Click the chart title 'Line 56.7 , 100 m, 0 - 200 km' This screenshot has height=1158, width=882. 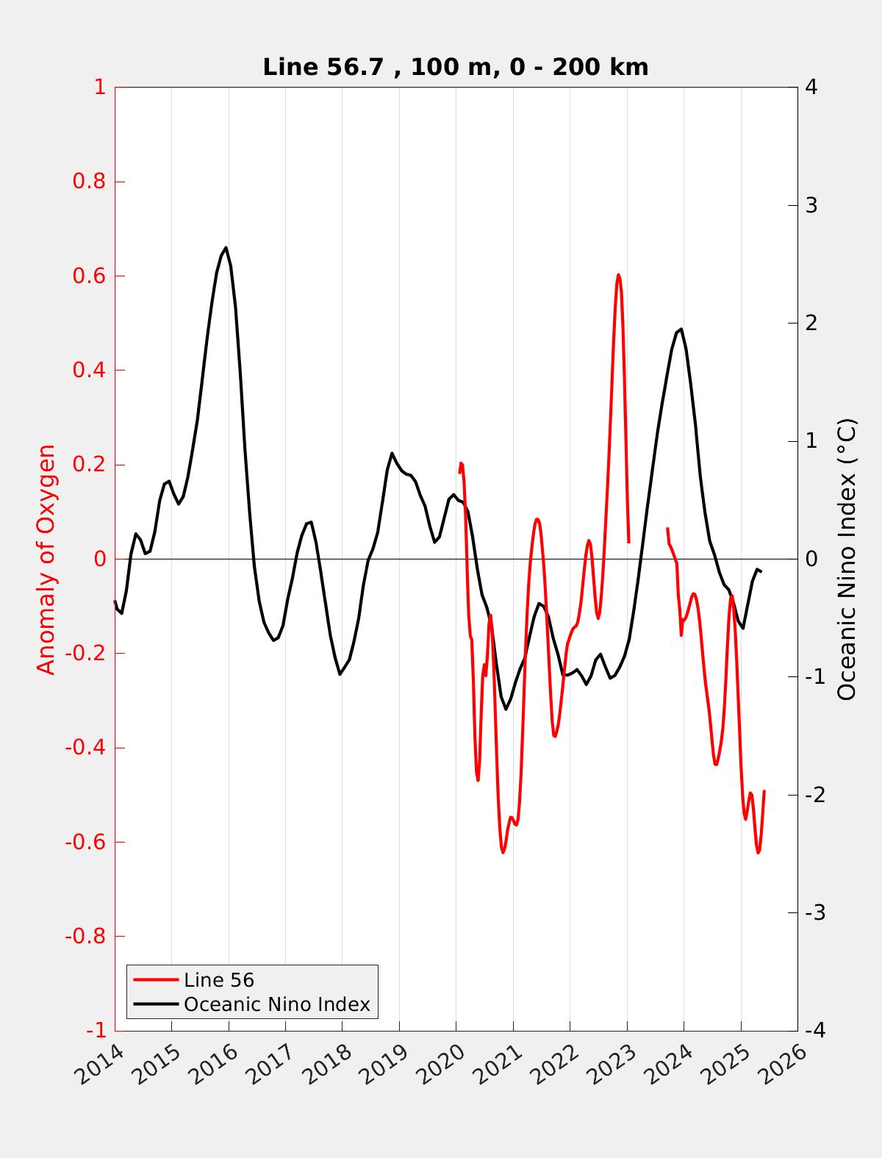point(455,68)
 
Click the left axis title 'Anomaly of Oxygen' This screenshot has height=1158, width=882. point(46,559)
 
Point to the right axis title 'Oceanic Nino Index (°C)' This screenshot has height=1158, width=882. point(847,559)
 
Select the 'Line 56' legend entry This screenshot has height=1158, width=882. point(219,980)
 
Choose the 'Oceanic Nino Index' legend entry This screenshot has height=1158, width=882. point(276,1004)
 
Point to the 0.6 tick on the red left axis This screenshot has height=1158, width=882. point(89,276)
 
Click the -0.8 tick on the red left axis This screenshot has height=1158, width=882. point(85,936)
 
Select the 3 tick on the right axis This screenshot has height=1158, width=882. point(811,205)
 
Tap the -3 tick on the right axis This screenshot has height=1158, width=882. point(814,913)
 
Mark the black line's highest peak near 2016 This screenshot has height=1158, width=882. point(226,248)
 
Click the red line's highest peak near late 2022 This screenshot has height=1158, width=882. point(618,275)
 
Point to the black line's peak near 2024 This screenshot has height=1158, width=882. point(681,329)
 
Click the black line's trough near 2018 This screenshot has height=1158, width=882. point(340,674)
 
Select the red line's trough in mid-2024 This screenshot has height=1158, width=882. point(716,765)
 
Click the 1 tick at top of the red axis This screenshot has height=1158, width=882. point(100,87)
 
